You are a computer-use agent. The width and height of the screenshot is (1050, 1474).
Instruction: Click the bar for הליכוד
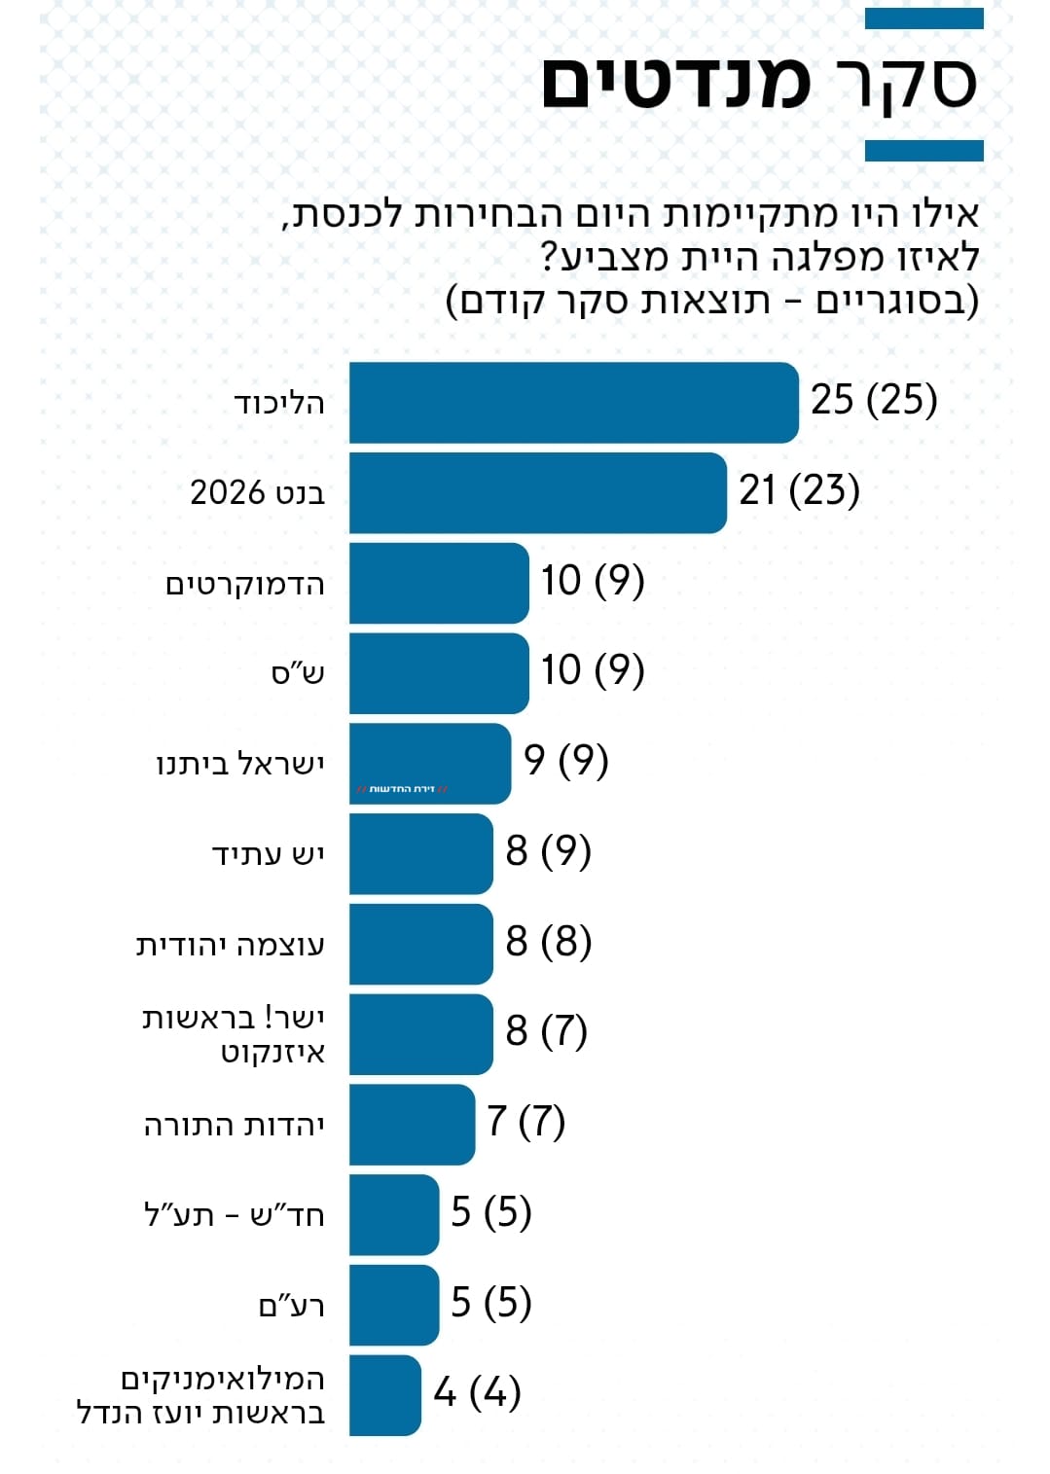click(573, 402)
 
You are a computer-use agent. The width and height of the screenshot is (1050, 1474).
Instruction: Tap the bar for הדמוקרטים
click(439, 583)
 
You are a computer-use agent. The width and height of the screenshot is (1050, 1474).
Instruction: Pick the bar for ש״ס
click(439, 672)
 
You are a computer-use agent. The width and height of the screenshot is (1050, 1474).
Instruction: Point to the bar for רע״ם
click(394, 1305)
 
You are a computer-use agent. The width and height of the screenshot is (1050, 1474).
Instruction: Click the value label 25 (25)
click(874, 400)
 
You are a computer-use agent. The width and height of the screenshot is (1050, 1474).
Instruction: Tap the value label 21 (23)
click(799, 490)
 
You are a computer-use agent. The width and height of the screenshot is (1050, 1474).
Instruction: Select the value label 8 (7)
click(546, 1031)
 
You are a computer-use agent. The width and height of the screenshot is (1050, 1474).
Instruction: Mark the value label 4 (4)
click(477, 1392)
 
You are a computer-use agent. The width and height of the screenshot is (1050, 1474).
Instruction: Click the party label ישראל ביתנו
click(240, 765)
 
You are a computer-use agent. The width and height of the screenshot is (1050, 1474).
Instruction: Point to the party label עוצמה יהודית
click(231, 945)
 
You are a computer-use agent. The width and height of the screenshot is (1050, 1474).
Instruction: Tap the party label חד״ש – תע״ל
click(235, 1215)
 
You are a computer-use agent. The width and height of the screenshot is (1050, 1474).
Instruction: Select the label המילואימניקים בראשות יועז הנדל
click(201, 1396)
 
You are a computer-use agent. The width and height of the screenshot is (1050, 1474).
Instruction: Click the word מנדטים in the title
click(675, 84)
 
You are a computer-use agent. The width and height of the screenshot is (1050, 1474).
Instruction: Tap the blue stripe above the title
click(923, 18)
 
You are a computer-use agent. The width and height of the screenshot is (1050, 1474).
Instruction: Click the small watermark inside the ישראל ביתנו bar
click(402, 789)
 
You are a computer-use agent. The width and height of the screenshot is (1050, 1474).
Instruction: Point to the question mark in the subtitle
click(551, 258)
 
